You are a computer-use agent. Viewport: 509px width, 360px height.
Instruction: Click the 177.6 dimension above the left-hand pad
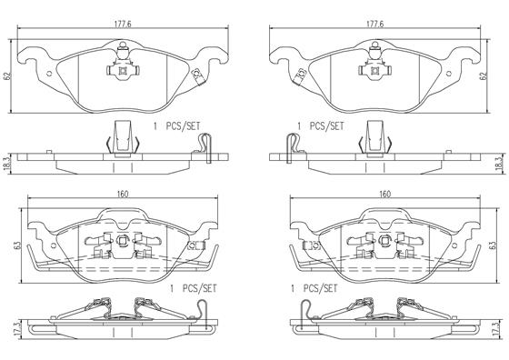(x=123, y=25)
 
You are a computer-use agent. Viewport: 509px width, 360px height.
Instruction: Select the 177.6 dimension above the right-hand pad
(x=374, y=25)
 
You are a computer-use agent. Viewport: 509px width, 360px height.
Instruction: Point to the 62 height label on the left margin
(x=8, y=76)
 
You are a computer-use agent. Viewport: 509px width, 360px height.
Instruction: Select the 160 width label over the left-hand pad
(x=123, y=195)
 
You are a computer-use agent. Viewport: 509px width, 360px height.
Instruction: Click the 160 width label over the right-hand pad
(x=384, y=195)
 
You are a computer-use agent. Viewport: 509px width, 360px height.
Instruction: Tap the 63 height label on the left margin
(x=18, y=245)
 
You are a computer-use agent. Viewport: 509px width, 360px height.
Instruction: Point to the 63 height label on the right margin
(x=493, y=245)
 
